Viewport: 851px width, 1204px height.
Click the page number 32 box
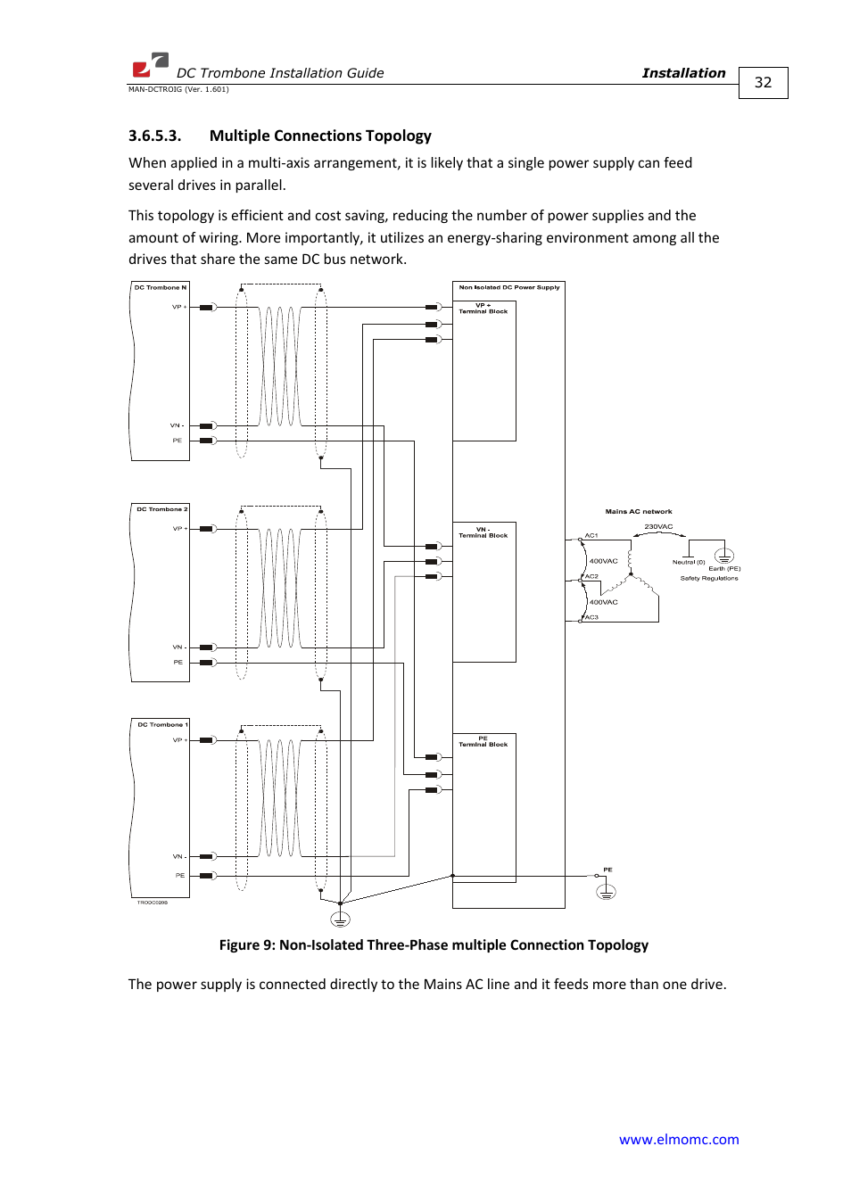click(x=763, y=83)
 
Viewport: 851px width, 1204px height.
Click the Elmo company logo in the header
click(x=150, y=65)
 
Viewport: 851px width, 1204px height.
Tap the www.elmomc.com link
click(x=679, y=1139)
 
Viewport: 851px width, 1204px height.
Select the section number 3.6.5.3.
click(x=154, y=136)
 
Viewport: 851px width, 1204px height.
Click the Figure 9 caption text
click(x=434, y=944)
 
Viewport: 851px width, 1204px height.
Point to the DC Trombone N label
click(x=161, y=287)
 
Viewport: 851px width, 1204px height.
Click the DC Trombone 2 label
click(x=161, y=509)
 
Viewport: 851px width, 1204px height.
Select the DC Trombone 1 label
click(x=162, y=724)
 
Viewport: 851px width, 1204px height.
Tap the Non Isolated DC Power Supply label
click(x=508, y=287)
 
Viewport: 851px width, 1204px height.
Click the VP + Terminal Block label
click(x=483, y=309)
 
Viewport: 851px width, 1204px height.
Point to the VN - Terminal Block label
click(x=483, y=532)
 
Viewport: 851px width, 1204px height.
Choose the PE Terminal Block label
click(x=483, y=741)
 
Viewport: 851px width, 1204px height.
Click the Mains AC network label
click(x=639, y=512)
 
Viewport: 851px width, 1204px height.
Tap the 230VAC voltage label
click(x=658, y=526)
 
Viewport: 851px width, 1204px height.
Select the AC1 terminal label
click(x=591, y=535)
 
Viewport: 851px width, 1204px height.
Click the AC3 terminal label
click(x=591, y=617)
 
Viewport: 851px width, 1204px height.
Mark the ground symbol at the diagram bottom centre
click(x=340, y=919)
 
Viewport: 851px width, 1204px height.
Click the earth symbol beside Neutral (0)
click(x=724, y=556)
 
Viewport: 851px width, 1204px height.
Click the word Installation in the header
click(x=683, y=73)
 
